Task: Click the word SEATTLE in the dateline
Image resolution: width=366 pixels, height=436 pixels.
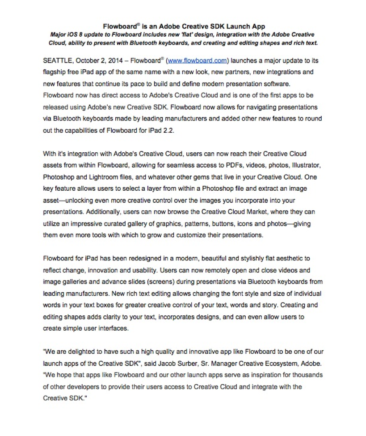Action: (57, 60)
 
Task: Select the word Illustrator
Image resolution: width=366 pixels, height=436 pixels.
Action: (306, 165)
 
